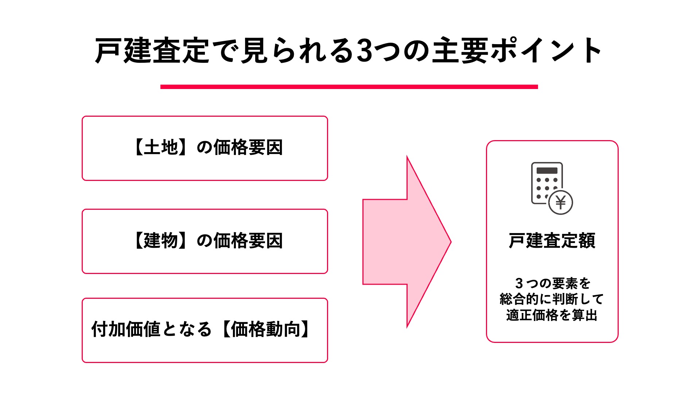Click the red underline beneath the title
click(x=349, y=87)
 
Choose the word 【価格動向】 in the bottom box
click(x=266, y=329)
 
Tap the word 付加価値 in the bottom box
click(x=125, y=329)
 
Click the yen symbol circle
click(x=561, y=202)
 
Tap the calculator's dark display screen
click(x=547, y=170)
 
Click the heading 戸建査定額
click(x=552, y=241)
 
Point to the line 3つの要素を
click(x=552, y=283)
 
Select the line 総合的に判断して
click(x=552, y=299)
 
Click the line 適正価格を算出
click(x=552, y=315)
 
